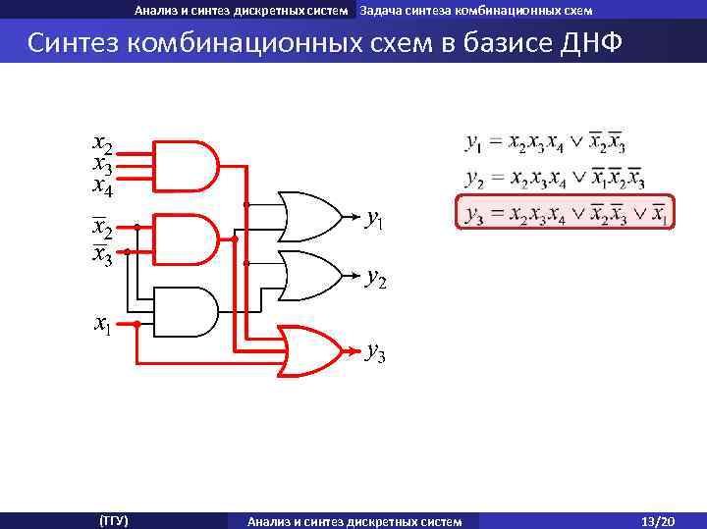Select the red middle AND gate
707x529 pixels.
[187, 237]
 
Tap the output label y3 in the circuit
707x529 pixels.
[375, 351]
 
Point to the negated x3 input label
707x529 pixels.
[102, 255]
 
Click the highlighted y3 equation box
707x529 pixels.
[566, 212]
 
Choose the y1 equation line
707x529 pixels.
[545, 143]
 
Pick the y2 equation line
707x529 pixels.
[555, 179]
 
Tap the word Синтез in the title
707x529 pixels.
[75, 44]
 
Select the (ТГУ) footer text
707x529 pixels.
[114, 520]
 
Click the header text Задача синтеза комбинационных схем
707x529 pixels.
[475, 11]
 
